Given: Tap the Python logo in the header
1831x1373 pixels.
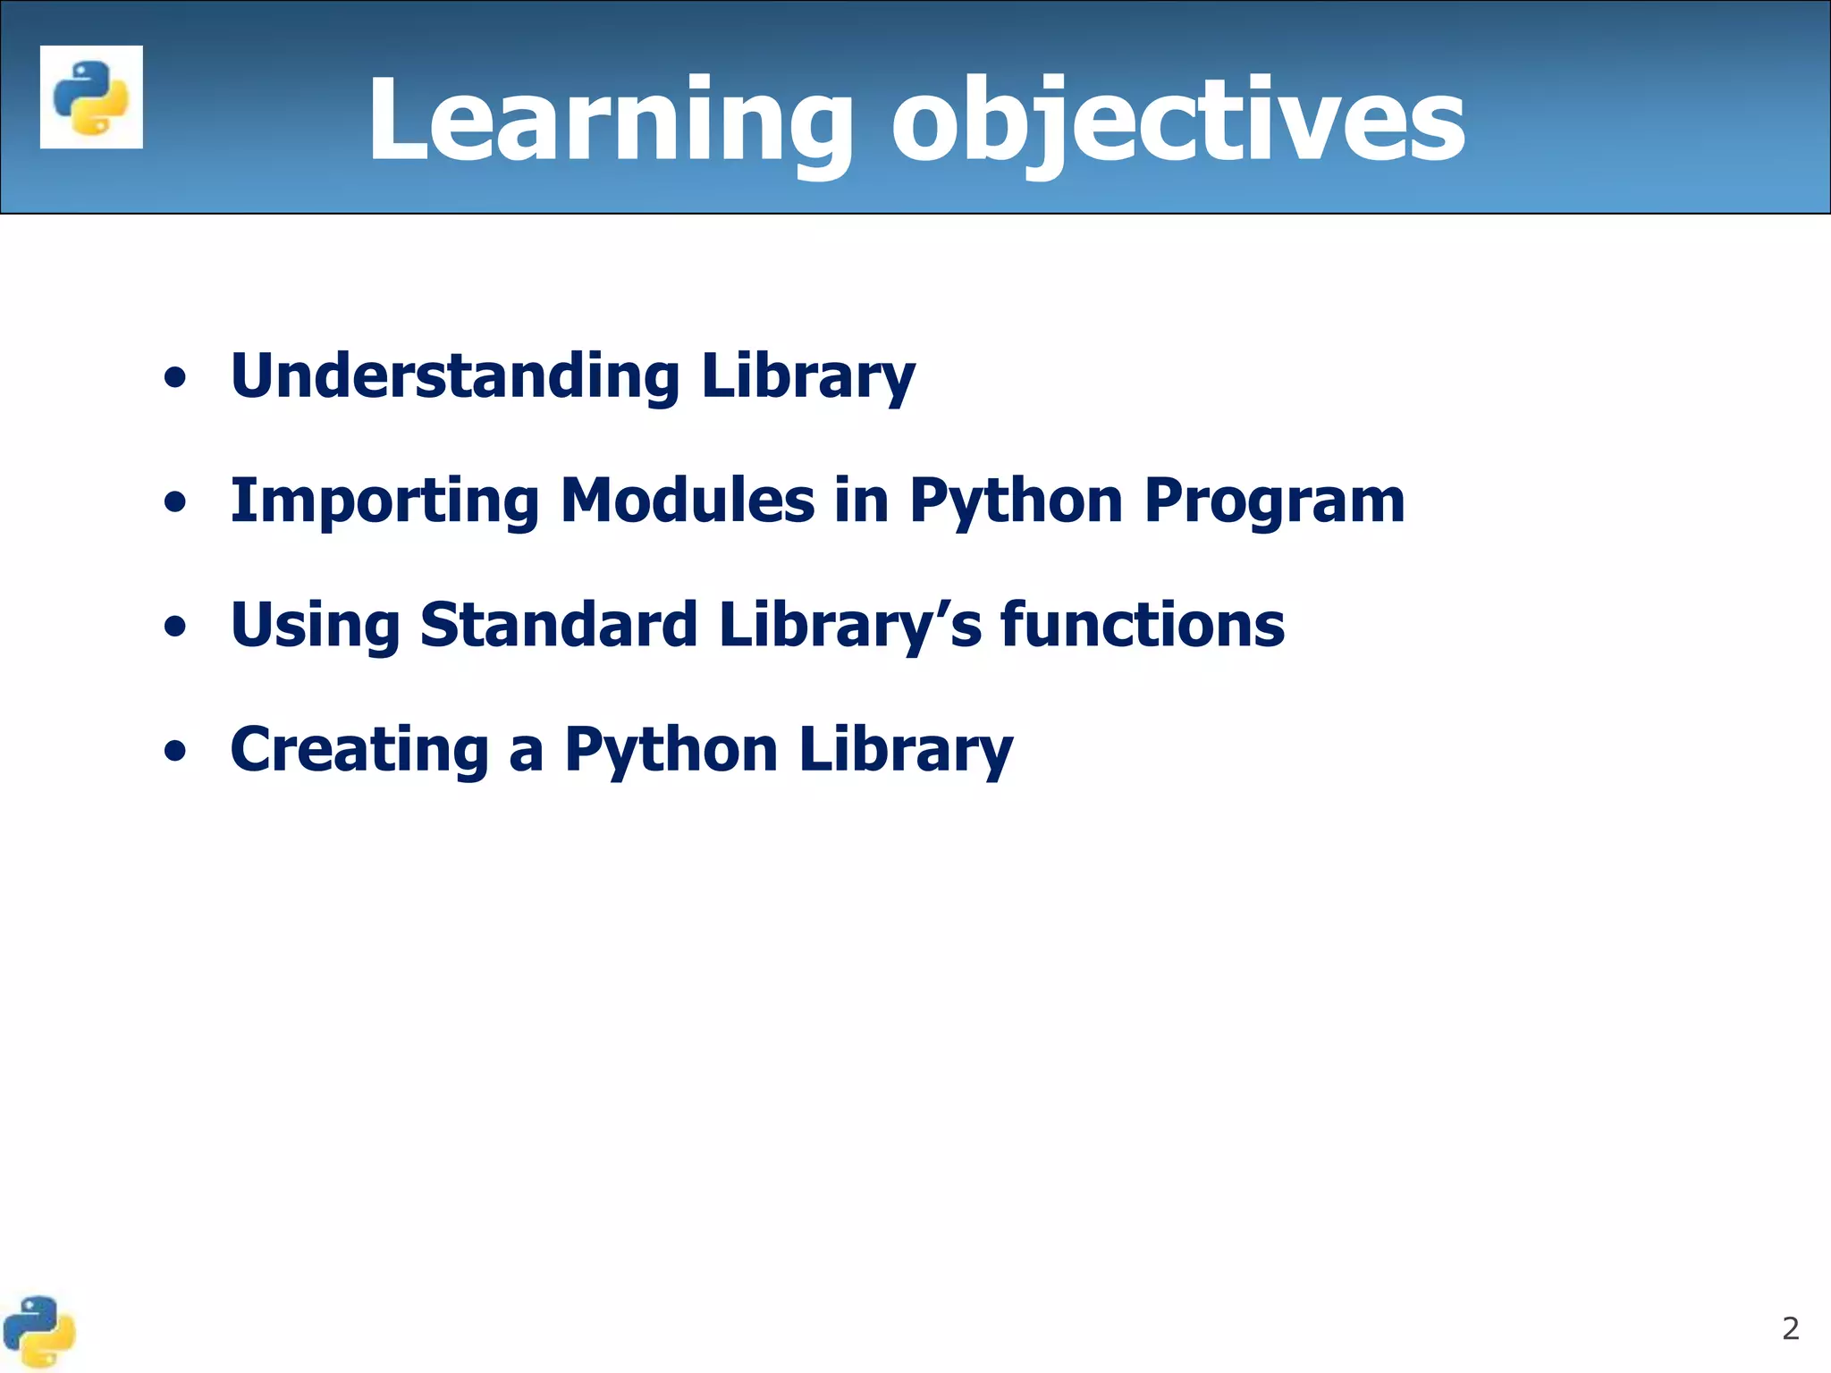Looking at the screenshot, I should [x=91, y=97].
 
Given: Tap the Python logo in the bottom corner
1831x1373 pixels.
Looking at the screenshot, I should [x=39, y=1332].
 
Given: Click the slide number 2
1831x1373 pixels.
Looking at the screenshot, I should [x=1790, y=1328].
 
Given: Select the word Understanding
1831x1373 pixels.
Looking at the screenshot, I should [x=455, y=375].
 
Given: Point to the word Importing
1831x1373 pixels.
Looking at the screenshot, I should [x=385, y=501].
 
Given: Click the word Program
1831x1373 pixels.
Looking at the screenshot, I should [x=1275, y=501].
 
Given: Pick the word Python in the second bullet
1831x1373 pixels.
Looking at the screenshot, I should [x=1016, y=501].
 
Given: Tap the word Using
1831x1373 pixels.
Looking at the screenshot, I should [x=316, y=626].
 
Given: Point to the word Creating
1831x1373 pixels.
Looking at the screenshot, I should [x=359, y=749].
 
